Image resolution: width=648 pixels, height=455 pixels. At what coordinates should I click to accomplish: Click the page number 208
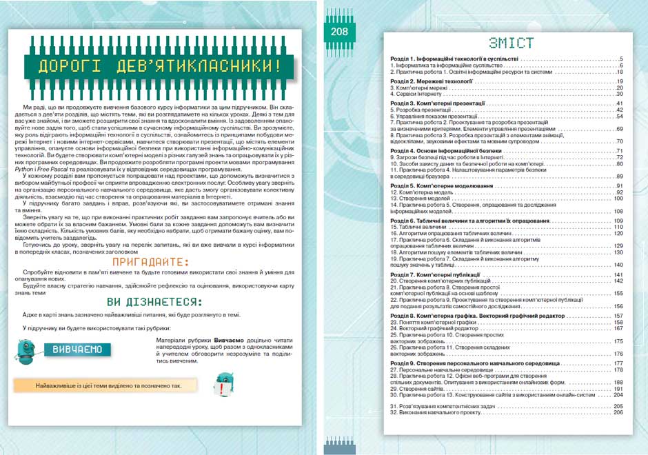(x=339, y=31)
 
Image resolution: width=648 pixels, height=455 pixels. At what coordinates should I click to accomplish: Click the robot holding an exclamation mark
(x=224, y=384)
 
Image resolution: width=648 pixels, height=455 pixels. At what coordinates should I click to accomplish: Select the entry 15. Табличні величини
(x=418, y=227)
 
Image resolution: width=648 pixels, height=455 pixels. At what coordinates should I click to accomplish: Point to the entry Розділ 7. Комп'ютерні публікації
(x=438, y=275)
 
